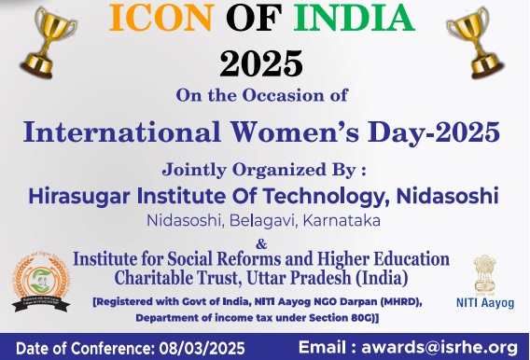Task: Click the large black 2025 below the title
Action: [x=263, y=64]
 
